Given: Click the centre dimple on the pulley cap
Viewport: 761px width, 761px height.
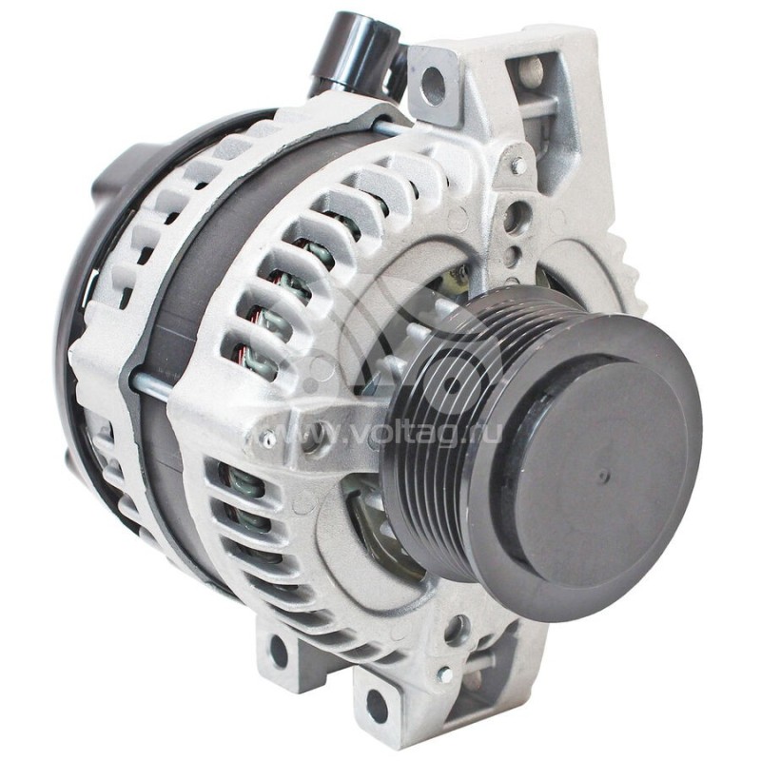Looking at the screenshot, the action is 602,475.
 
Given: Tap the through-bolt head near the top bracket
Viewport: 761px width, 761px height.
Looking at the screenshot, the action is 517,166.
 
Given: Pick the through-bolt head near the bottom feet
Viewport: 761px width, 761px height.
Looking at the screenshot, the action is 443,673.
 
